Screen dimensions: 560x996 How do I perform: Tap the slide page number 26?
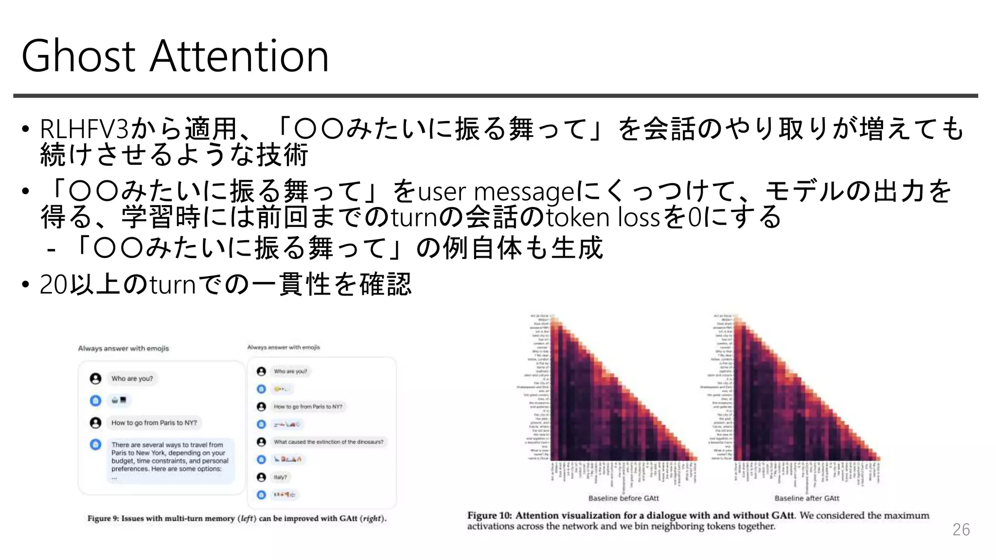click(x=960, y=529)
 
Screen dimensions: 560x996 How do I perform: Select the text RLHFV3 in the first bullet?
click(x=84, y=129)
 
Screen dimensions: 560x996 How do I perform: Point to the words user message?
click(x=496, y=192)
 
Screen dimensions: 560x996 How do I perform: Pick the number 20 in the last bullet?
click(x=53, y=284)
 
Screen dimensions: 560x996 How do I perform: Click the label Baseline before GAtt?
click(x=623, y=498)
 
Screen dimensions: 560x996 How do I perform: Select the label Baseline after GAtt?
click(x=807, y=498)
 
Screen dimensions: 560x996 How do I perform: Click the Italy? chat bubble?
click(x=280, y=477)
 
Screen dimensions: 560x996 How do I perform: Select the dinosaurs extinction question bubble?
click(x=328, y=442)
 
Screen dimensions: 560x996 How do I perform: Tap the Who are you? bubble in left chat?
click(x=132, y=379)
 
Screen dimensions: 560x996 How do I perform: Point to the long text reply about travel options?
click(x=170, y=457)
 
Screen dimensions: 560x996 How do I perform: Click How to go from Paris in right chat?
click(x=308, y=406)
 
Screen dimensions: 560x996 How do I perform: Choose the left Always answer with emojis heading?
click(x=124, y=349)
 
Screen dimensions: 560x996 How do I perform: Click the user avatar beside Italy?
click(x=261, y=477)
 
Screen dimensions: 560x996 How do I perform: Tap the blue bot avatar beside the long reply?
click(x=95, y=444)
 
